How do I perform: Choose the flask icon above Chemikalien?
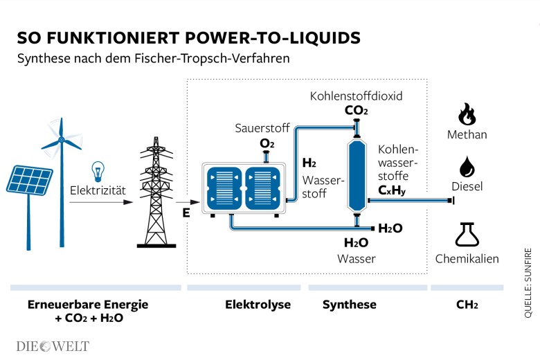click(466, 234)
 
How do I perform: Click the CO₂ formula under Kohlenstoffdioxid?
click(356, 110)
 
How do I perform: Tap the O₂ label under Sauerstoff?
click(267, 143)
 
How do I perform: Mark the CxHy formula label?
click(392, 190)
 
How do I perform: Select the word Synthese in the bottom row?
click(350, 305)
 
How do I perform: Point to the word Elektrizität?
click(98, 189)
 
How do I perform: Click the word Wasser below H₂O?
click(356, 259)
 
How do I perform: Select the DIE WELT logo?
click(53, 345)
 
